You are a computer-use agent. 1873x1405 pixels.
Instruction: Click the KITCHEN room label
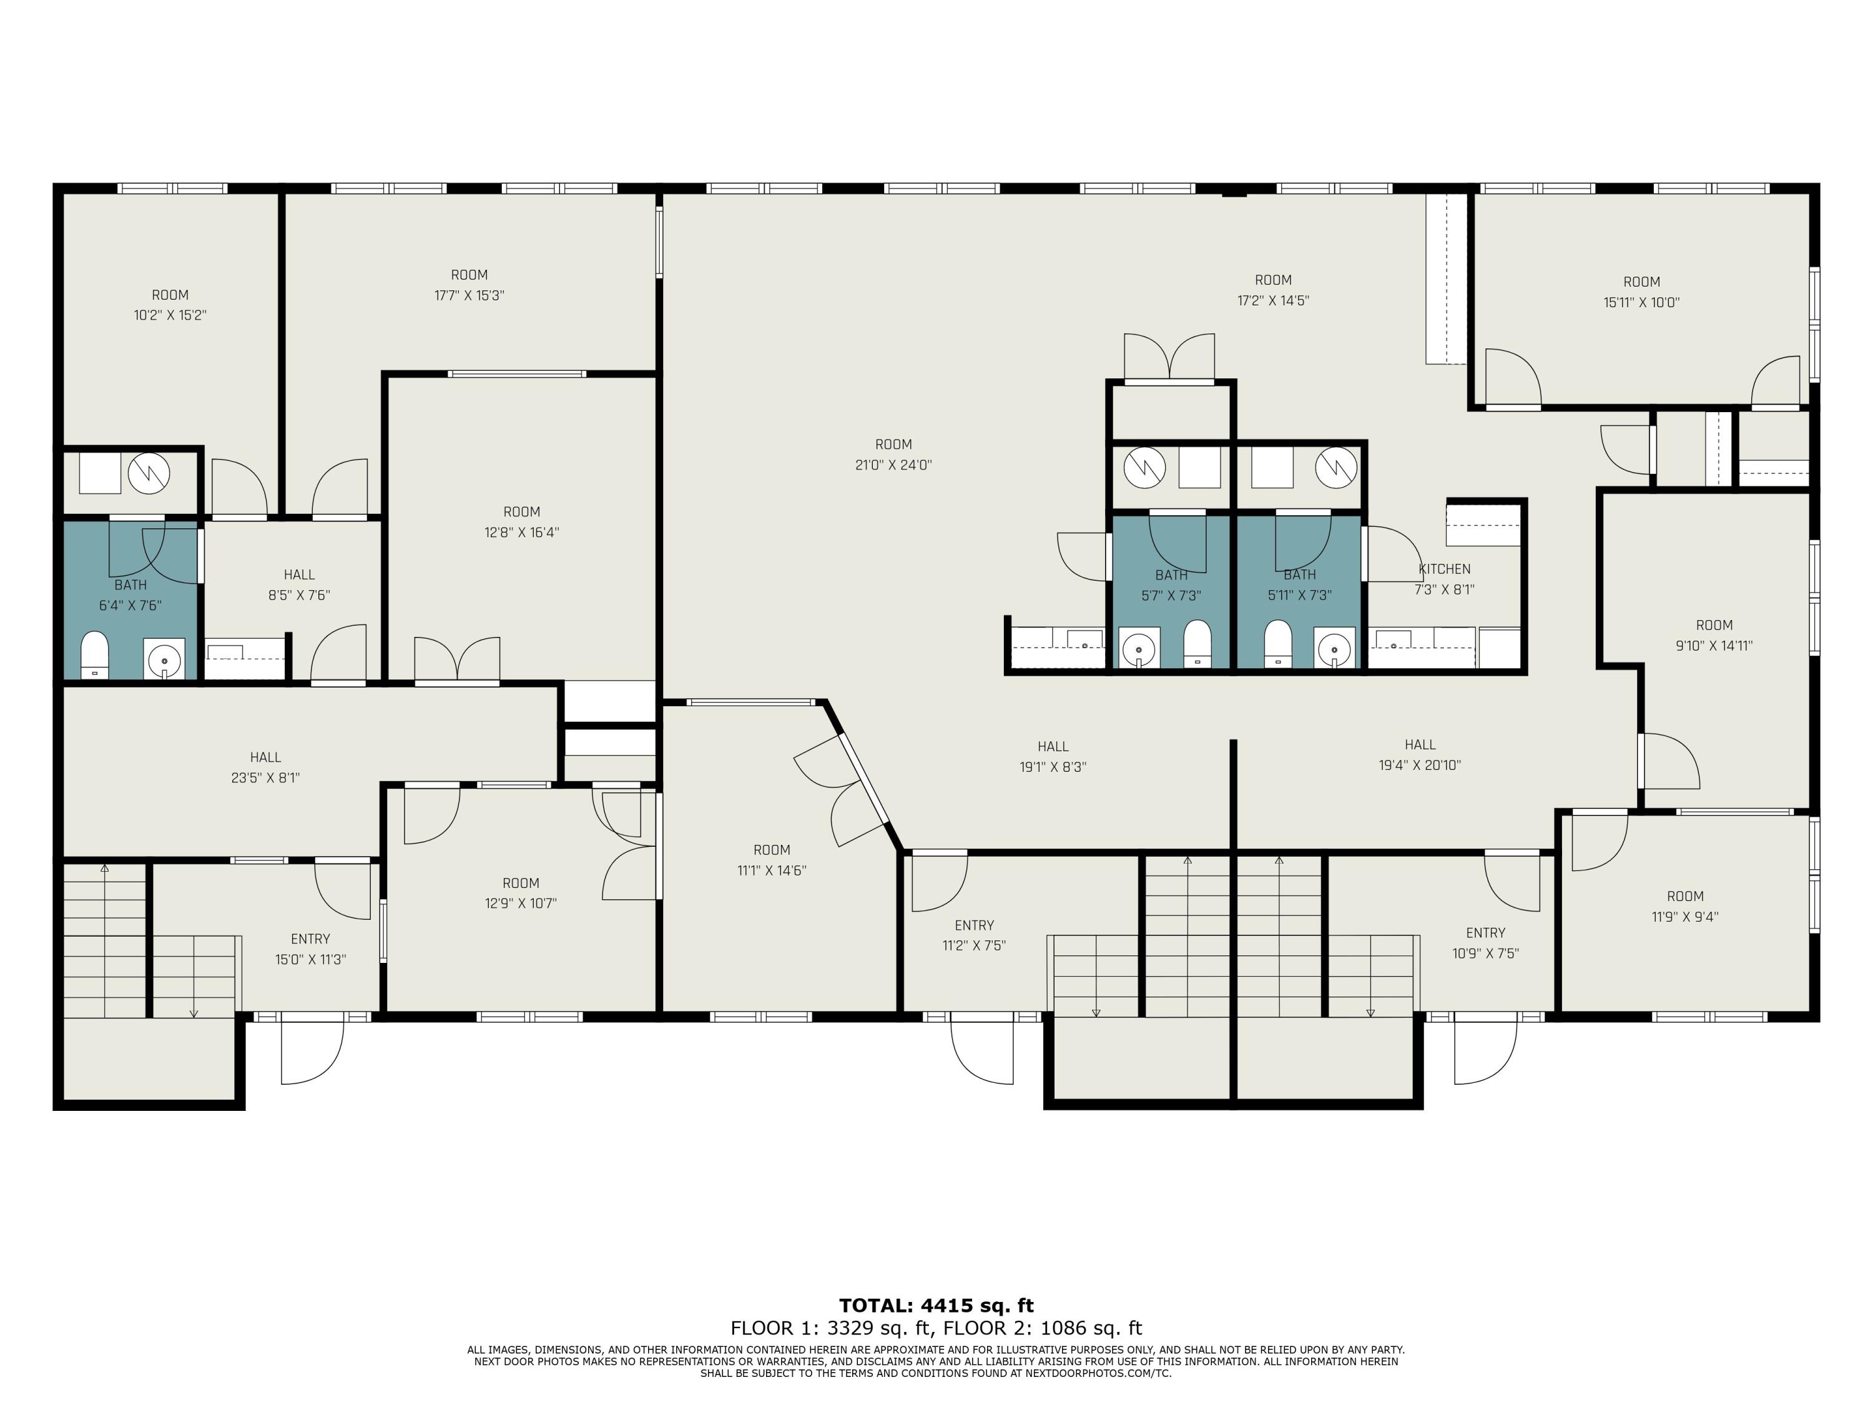tap(1445, 569)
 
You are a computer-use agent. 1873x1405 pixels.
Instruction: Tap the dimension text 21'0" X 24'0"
tap(893, 465)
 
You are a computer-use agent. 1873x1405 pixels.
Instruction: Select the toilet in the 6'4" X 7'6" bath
tap(95, 654)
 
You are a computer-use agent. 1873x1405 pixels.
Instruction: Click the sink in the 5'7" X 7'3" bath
tap(1139, 648)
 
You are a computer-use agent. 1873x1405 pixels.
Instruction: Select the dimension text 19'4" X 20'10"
tap(1420, 766)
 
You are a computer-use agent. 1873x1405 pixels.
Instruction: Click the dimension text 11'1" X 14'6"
tap(772, 870)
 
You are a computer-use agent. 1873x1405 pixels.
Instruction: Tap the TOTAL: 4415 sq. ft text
tap(936, 1305)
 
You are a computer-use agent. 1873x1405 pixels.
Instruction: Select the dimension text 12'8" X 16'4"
tap(521, 533)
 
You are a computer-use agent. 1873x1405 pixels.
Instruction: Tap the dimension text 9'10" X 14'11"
tap(1714, 645)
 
